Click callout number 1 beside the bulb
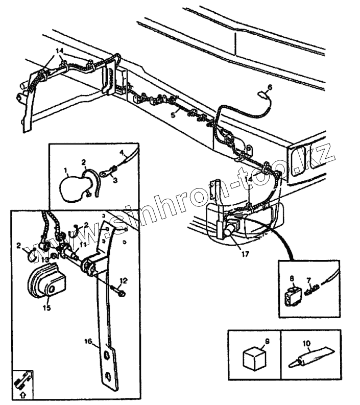66,169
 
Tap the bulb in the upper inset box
71,187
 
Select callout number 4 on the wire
123,152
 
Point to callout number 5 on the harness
173,116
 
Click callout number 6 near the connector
270,87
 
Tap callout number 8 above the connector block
292,279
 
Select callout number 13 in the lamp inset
45,259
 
